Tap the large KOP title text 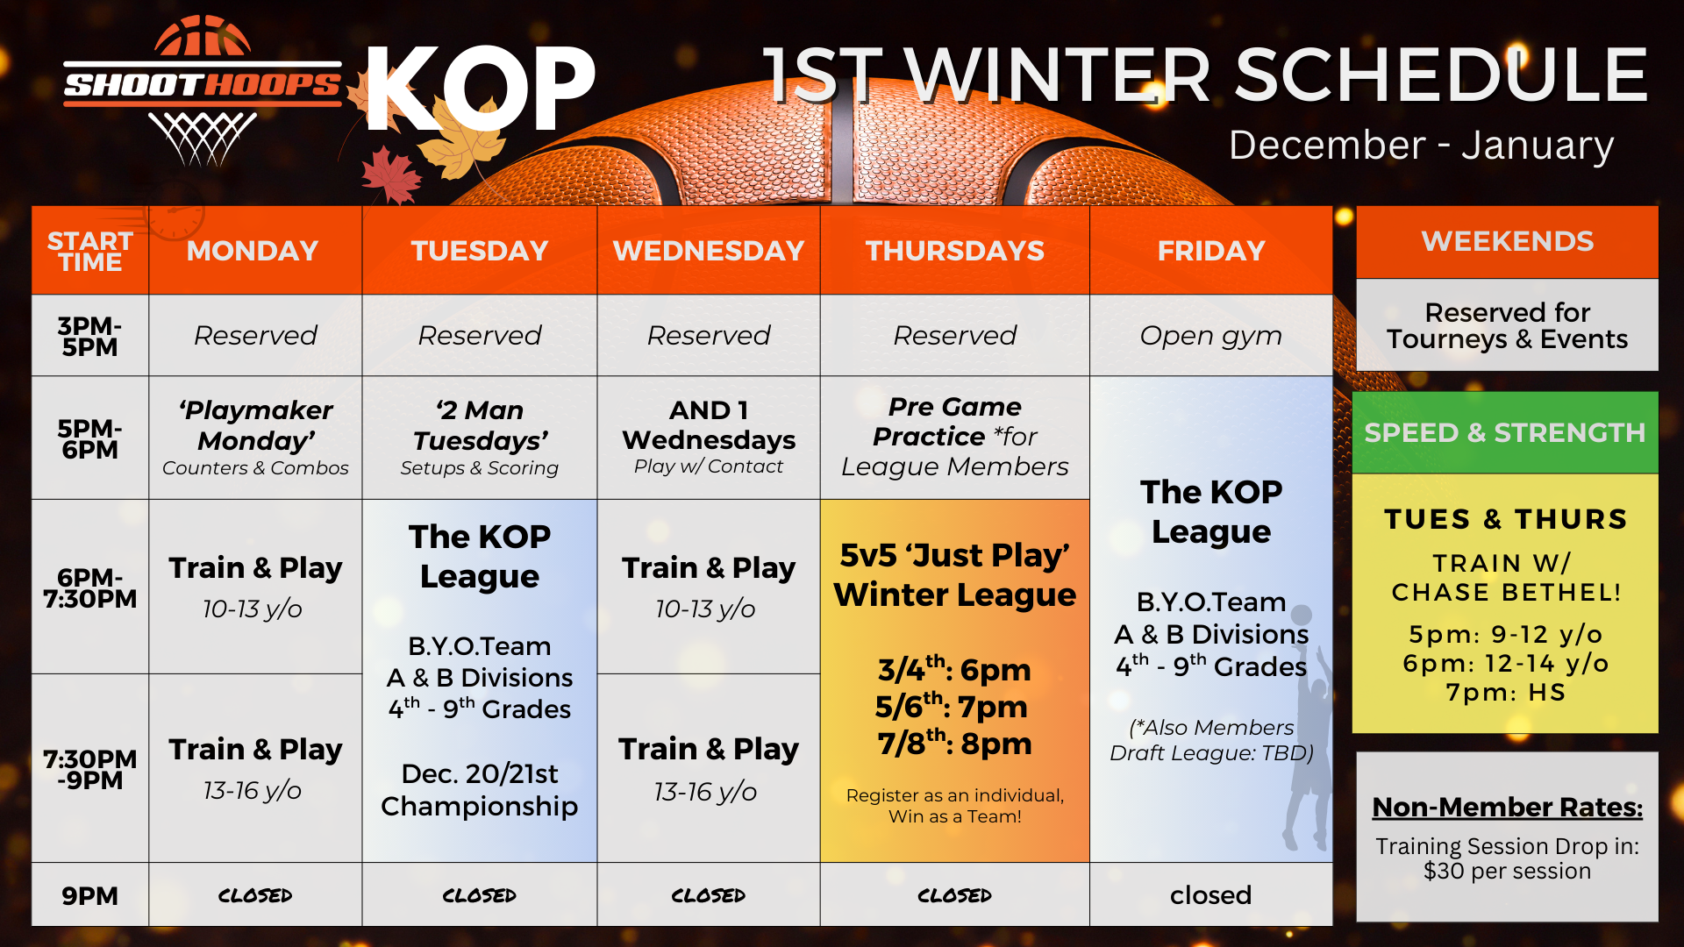pos(480,89)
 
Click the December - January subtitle pos(1421,145)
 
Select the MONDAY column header pos(253,251)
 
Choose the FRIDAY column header pos(1211,251)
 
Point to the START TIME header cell pos(90,252)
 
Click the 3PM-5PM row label pos(89,336)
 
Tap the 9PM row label pos(89,895)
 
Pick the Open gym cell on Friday pos(1211,335)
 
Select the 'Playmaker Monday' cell pos(255,438)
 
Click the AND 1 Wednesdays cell pos(709,438)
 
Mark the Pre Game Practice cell pos(955,438)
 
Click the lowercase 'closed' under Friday pos(1210,895)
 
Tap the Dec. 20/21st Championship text pos(480,790)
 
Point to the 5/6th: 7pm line pos(953,706)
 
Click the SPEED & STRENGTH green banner pos(1505,432)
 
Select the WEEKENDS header pos(1508,242)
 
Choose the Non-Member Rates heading pos(1508,807)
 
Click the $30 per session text pos(1508,871)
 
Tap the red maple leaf pos(390,174)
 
